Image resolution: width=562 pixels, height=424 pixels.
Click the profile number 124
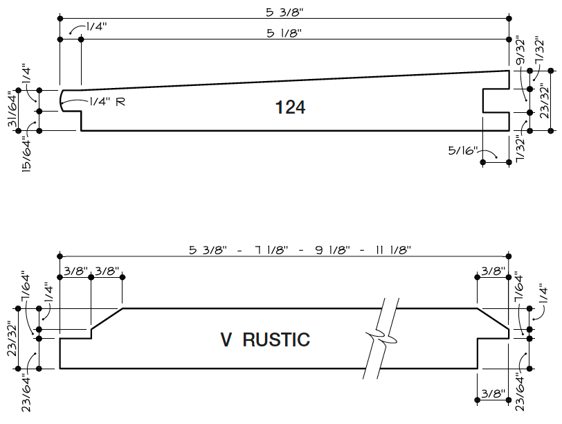290,107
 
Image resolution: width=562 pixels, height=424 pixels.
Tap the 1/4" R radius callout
107,101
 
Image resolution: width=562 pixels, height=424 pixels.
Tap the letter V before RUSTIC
226,340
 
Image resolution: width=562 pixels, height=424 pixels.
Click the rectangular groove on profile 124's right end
497,100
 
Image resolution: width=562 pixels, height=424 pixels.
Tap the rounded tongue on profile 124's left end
66,101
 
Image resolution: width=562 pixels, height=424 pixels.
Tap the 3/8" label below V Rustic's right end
493,394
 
